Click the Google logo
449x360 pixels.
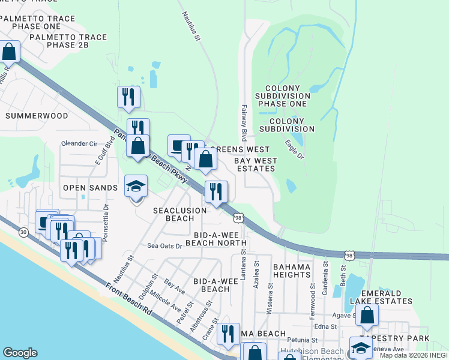pos(20,353)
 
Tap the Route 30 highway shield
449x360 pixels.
pos(23,232)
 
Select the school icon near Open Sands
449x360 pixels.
pos(136,187)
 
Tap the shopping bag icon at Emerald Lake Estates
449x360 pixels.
pos(366,314)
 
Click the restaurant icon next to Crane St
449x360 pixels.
pos(228,334)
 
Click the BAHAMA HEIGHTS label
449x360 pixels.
pos(300,270)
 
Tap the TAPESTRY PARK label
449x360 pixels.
pos(394,339)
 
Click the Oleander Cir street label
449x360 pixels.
pos(80,144)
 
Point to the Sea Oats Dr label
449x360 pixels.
pos(164,246)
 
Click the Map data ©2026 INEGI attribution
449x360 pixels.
pos(414,355)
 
